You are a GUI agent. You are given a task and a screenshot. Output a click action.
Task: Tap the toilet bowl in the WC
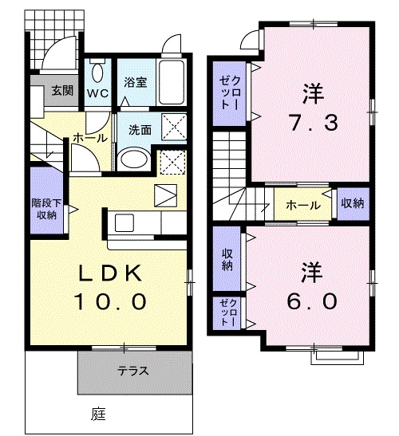point(98,73)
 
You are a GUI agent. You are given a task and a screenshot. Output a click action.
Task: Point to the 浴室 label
point(135,81)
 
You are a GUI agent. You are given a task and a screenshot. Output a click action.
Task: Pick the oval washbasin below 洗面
point(132,159)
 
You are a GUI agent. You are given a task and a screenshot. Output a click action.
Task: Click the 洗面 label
point(140,129)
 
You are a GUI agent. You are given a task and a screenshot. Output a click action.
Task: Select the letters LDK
point(111,274)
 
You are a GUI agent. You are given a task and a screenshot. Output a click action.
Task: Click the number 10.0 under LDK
point(111,302)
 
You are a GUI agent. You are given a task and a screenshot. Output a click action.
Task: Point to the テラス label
point(134,371)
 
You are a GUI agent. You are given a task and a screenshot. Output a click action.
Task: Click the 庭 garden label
point(98,414)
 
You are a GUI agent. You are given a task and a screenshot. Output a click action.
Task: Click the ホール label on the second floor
point(305,205)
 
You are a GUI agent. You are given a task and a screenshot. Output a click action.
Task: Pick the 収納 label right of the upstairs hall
point(351,204)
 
